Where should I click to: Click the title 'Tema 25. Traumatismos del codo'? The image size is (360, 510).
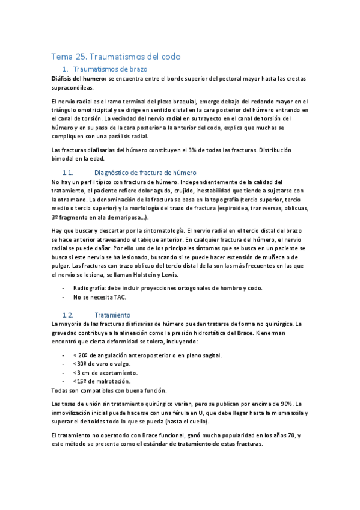(116, 57)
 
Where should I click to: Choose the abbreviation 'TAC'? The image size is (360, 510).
(119, 297)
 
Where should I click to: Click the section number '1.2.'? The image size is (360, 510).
(68, 315)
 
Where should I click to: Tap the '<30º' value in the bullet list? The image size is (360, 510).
(79, 364)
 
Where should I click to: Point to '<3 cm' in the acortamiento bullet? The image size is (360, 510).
(82, 372)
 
